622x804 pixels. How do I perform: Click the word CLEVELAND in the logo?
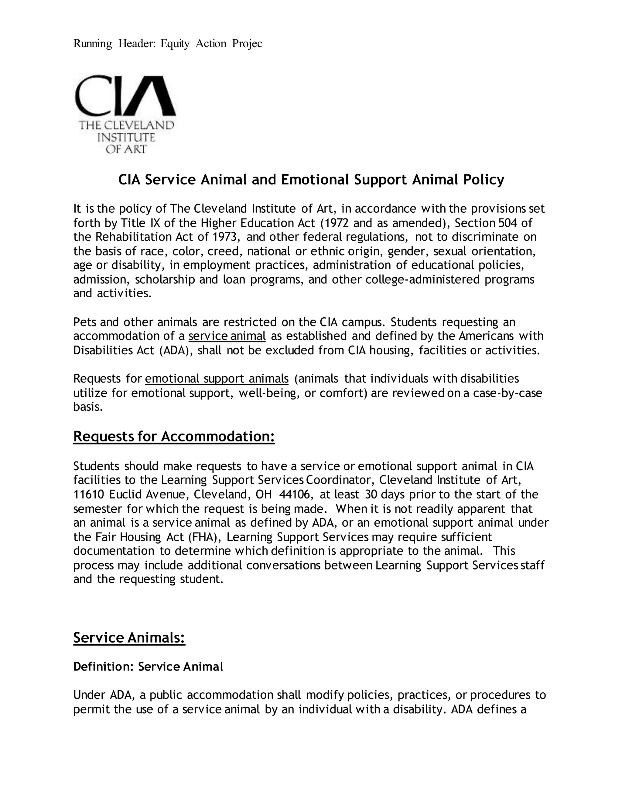[x=142, y=125]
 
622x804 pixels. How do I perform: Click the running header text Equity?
[x=175, y=44]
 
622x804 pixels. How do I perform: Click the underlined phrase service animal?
[x=227, y=336]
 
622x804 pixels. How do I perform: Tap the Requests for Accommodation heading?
[x=174, y=437]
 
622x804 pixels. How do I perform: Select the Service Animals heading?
[x=129, y=638]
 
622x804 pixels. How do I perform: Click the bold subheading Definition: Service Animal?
[x=148, y=667]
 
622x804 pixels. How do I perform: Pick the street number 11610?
[x=89, y=495]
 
